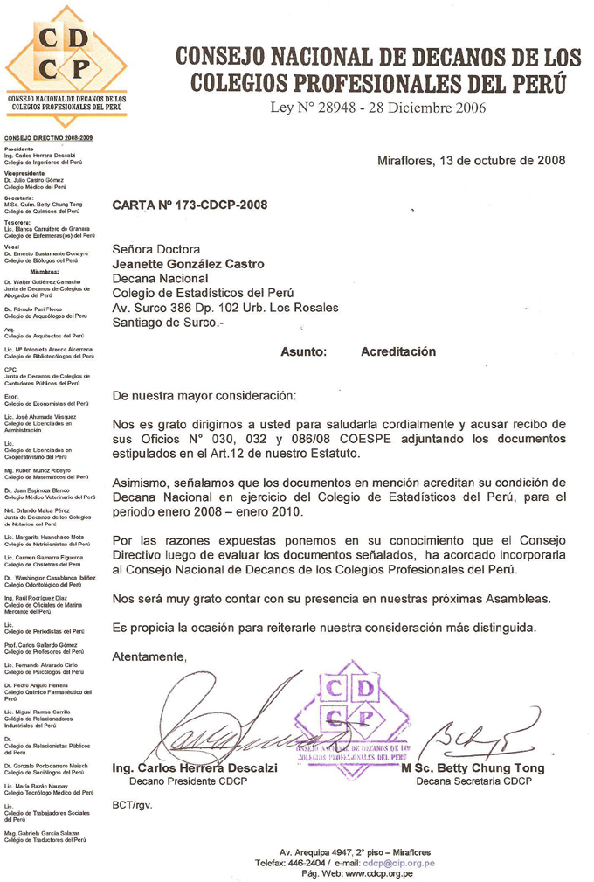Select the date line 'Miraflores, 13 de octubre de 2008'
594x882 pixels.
[x=470, y=160]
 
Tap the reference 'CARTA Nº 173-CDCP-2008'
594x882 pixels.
[x=190, y=206]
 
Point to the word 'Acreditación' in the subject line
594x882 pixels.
[x=397, y=351]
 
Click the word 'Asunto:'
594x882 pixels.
[x=303, y=351]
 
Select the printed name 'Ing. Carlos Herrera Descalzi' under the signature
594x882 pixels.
[x=196, y=768]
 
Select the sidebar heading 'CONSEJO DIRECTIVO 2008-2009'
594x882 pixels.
[x=49, y=139]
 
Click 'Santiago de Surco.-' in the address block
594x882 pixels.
[x=169, y=322]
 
